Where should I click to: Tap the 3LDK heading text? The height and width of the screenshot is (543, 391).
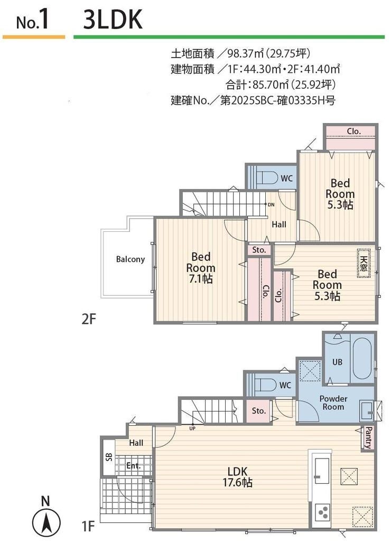coord(113,20)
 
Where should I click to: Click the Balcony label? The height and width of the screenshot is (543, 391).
coord(130,259)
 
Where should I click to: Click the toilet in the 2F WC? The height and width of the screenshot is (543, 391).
coord(266,179)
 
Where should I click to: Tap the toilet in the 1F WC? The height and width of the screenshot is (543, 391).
coord(265,385)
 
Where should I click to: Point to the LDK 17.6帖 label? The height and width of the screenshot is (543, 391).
coord(237,477)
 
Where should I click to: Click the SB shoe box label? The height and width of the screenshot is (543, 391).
coord(109,457)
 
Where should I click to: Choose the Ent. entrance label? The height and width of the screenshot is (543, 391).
coord(134,466)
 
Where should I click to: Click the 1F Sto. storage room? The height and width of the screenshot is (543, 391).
coord(258,411)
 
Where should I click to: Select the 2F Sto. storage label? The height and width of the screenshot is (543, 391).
coord(259,250)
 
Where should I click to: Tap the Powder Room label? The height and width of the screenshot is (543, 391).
coord(333,402)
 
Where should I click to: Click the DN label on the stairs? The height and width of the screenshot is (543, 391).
coord(271,204)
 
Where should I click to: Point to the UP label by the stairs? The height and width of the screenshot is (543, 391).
coord(192,428)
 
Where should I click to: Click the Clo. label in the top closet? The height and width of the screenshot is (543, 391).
coord(354,131)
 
